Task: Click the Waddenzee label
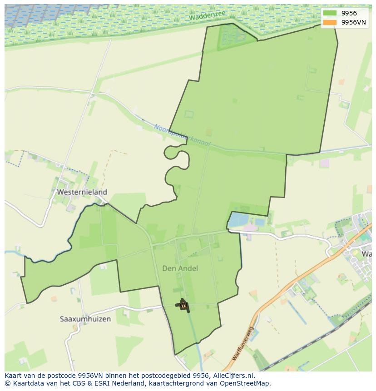pos(207,16)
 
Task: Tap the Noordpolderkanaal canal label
pos(182,135)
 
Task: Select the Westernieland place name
pos(82,192)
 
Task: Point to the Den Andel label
pos(180,268)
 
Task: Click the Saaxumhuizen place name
pos(85,319)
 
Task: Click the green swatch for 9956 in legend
pos(330,13)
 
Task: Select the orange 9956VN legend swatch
pos(330,22)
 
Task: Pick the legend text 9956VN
pos(353,22)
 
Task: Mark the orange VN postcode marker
pos(183,306)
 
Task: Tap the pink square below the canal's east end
pos(324,163)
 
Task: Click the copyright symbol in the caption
pos(7,383)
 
